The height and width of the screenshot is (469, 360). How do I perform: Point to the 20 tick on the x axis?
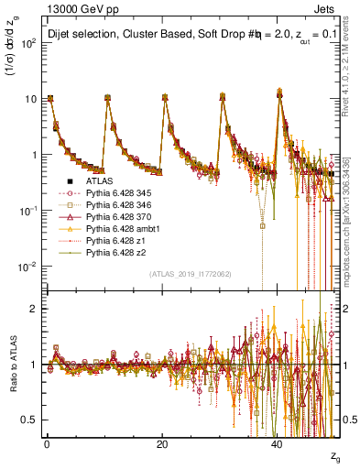coord(162,442)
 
